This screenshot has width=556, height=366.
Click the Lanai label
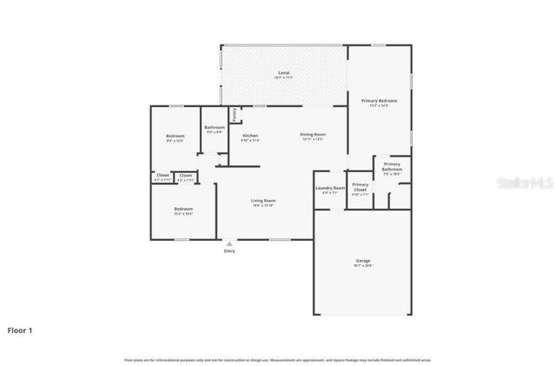284,72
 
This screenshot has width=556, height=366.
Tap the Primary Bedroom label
379,101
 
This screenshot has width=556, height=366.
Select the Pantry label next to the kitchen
234,114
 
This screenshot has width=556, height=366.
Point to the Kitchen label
250,136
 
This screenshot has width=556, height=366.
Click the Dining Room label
313,135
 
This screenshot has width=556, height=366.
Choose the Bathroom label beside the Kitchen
215,128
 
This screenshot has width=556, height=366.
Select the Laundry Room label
330,188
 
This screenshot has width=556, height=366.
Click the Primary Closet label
361,187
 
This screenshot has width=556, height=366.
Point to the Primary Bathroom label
392,166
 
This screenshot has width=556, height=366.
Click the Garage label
362,261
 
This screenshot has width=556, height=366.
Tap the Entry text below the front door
229,251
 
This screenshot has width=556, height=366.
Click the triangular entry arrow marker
229,243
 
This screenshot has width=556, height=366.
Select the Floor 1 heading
21,330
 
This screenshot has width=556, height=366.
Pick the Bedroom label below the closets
182,210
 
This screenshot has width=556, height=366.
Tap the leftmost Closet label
162,176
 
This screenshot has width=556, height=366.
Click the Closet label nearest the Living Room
185,176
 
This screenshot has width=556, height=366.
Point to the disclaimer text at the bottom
277,359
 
